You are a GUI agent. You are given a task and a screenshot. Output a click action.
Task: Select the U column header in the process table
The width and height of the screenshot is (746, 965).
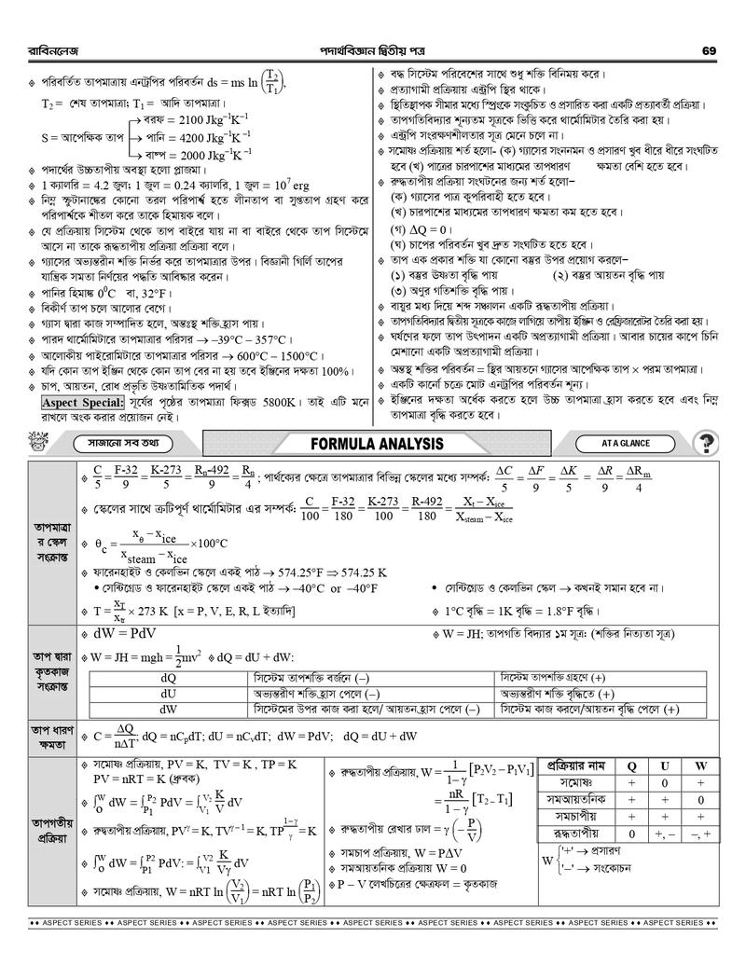click(x=665, y=765)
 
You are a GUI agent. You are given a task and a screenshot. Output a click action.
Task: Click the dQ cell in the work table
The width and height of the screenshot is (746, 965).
click(x=169, y=677)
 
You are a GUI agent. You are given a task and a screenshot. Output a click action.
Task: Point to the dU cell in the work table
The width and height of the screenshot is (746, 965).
click(x=169, y=694)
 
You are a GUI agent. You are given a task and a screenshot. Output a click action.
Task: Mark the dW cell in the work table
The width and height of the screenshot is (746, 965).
click(x=169, y=710)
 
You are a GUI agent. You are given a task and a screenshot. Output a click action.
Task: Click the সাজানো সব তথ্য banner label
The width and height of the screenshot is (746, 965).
click(x=116, y=443)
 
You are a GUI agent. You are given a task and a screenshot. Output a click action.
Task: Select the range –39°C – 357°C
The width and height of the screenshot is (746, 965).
click(x=266, y=339)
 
